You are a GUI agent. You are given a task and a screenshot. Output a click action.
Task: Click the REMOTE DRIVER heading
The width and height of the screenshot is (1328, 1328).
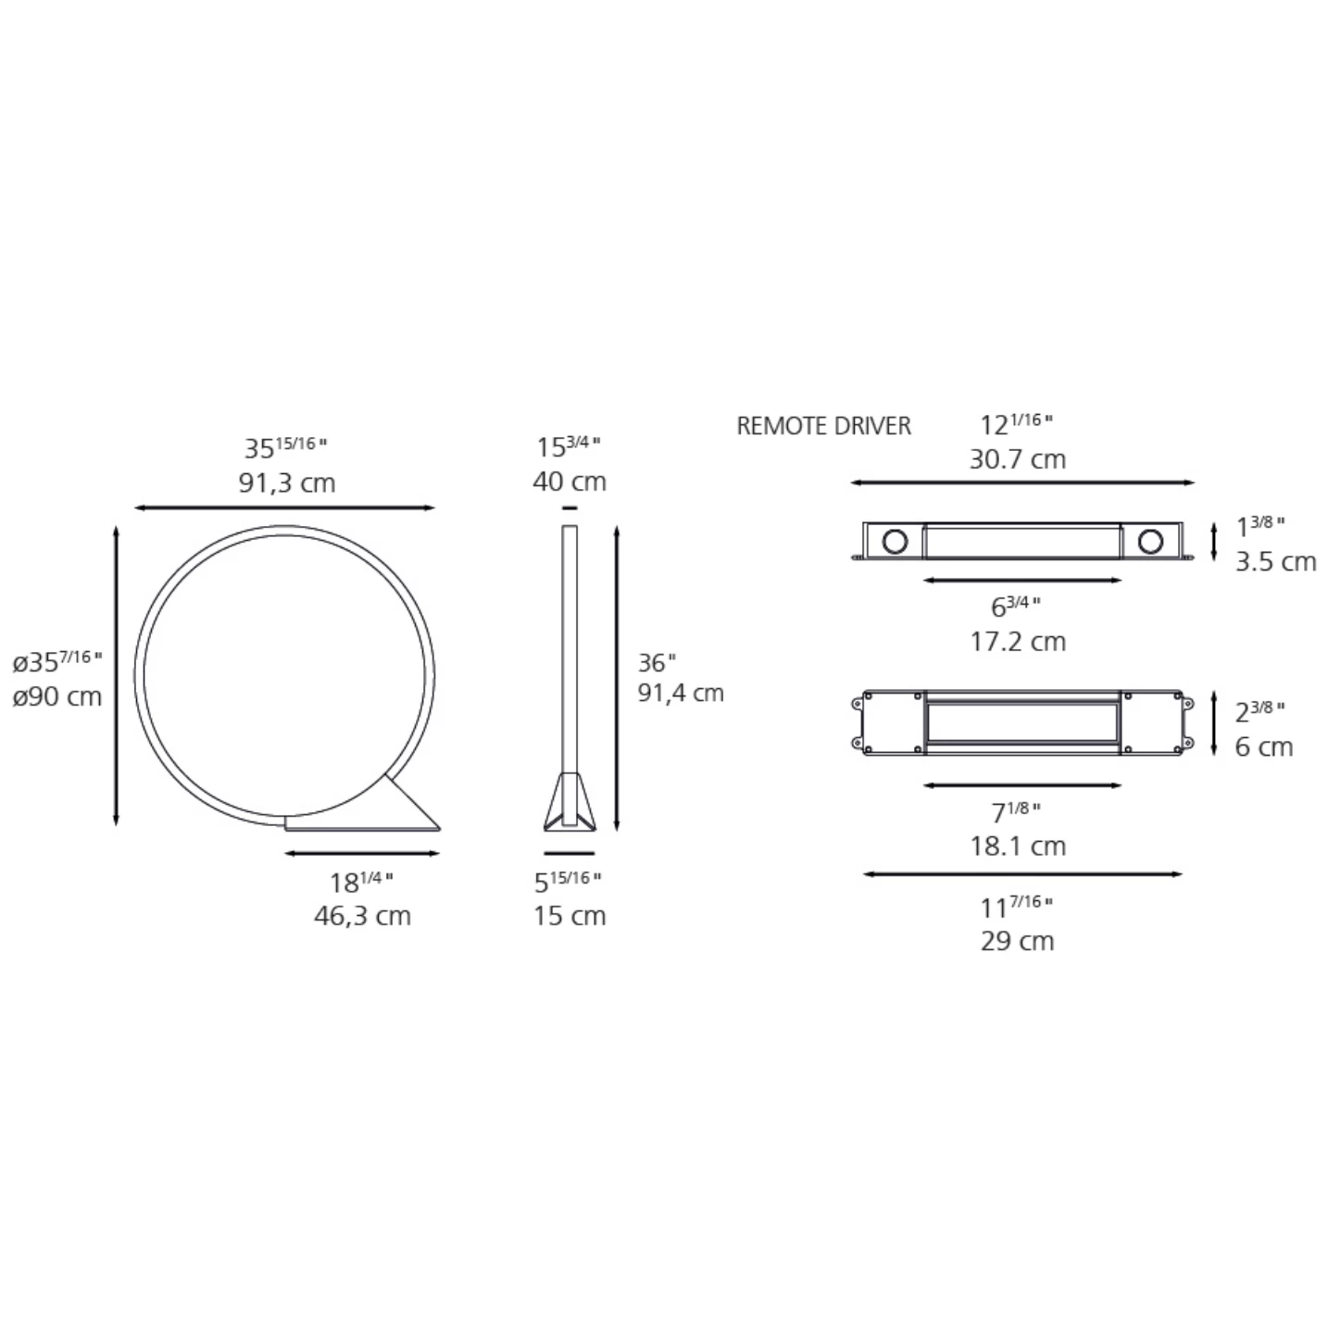[823, 426]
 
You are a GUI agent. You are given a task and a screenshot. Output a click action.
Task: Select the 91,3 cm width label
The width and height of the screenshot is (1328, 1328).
[287, 482]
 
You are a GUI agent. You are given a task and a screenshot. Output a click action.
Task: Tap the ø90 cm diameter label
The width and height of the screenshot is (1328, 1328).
[57, 696]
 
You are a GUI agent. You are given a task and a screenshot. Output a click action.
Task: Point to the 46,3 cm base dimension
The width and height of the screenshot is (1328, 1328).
[362, 916]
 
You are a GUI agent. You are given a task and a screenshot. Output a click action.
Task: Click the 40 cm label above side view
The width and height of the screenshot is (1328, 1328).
[570, 482]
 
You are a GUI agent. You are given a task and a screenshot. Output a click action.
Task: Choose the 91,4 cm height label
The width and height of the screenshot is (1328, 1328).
[681, 693]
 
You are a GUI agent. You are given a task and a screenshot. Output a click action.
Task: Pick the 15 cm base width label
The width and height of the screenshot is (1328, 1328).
[570, 916]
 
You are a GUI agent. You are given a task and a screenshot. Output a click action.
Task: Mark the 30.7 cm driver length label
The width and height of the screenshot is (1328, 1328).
[1018, 459]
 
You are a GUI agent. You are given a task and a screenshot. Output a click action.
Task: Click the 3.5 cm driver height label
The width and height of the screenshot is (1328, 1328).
[1275, 561]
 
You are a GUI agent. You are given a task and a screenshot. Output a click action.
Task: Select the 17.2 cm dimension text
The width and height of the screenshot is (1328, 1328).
[1018, 641]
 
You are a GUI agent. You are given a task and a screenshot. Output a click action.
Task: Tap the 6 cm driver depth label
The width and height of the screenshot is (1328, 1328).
[1264, 746]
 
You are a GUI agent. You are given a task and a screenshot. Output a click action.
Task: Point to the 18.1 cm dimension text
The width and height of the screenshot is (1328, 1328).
[1018, 846]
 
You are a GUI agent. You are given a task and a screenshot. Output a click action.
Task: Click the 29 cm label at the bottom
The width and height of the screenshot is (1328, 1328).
[1018, 941]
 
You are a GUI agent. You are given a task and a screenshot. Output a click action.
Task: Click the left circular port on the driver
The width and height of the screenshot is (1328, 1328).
[895, 541]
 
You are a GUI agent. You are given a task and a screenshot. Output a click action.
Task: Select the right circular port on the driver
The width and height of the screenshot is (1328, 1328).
[1150, 541]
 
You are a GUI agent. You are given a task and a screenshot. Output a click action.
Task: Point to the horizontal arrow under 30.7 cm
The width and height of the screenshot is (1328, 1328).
[1022, 482]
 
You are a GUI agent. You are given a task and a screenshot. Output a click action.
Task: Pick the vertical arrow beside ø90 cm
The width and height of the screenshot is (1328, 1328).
[116, 675]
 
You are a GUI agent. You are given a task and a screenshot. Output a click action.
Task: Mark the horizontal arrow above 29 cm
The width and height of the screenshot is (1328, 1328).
[1022, 873]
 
